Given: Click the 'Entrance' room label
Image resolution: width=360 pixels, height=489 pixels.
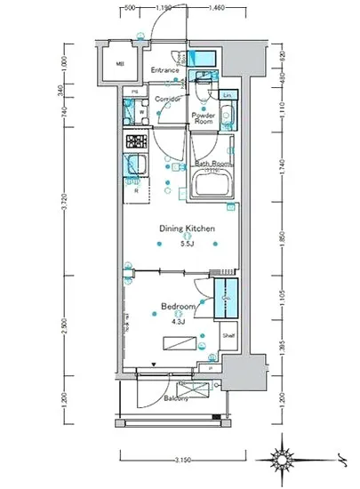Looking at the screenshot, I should pos(164,69).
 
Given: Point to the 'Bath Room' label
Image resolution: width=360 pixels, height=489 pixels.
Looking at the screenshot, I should pos(213,164).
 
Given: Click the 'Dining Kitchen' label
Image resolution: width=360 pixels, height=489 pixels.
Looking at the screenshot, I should pos(188,228).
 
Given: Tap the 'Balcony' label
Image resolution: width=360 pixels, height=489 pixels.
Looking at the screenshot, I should pos(187,398).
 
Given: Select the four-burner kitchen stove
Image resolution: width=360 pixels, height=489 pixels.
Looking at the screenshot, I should pos(137,140).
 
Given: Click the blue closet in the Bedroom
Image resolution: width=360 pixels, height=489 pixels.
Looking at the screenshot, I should pos(229,296).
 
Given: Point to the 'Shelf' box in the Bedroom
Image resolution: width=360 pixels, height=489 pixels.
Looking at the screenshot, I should pos(228,336).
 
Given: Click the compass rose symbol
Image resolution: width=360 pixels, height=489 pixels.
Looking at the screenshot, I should pos(285,460).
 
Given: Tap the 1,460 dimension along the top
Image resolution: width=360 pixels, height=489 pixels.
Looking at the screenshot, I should pos(217,8).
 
